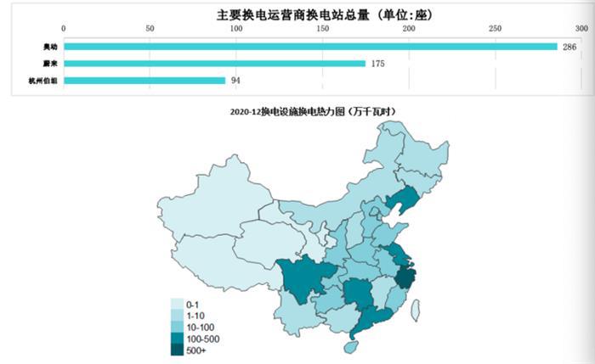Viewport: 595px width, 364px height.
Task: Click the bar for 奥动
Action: click(x=310, y=47)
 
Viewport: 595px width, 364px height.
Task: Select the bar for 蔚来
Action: click(x=214, y=64)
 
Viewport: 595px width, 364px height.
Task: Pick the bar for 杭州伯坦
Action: click(x=144, y=81)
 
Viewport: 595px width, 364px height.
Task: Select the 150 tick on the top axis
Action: click(x=322, y=29)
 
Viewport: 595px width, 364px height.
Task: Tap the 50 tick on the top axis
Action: click(x=150, y=29)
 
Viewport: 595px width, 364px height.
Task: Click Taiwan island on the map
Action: click(x=415, y=311)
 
